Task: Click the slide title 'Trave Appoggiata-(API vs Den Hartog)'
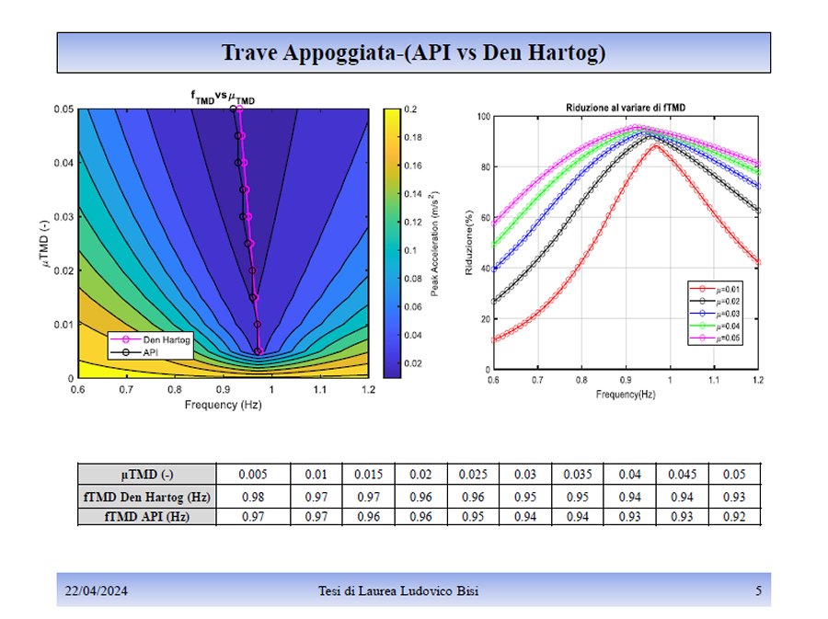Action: point(413,52)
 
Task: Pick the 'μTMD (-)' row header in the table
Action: point(147,475)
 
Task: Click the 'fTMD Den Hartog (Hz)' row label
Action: point(147,497)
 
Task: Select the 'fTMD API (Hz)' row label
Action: point(147,517)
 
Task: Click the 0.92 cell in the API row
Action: point(734,517)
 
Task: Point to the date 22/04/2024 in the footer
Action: point(95,590)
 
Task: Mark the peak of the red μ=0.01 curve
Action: point(654,145)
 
